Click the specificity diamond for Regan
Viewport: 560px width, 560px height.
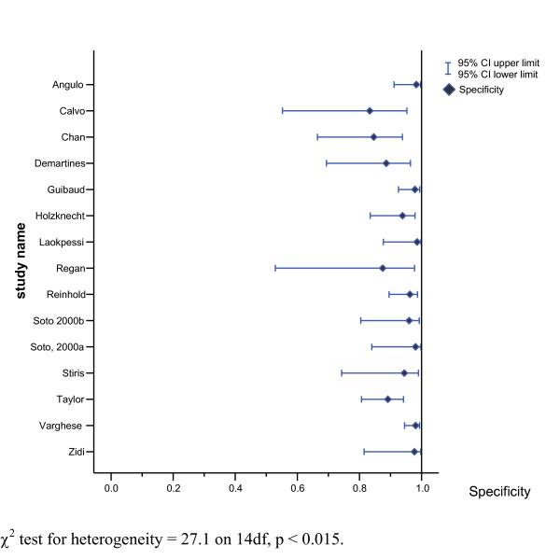(383, 268)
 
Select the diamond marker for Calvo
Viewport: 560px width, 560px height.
(370, 111)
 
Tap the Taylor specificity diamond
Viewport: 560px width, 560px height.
(387, 399)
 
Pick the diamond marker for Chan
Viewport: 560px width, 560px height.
(373, 137)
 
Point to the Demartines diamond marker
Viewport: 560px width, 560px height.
(385, 163)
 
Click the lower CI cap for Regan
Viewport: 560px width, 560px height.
(275, 268)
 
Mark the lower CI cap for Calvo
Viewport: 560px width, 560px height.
(283, 111)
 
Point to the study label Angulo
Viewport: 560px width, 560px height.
(67, 85)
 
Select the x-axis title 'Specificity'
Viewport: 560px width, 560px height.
(499, 492)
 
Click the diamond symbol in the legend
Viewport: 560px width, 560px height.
(449, 90)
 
